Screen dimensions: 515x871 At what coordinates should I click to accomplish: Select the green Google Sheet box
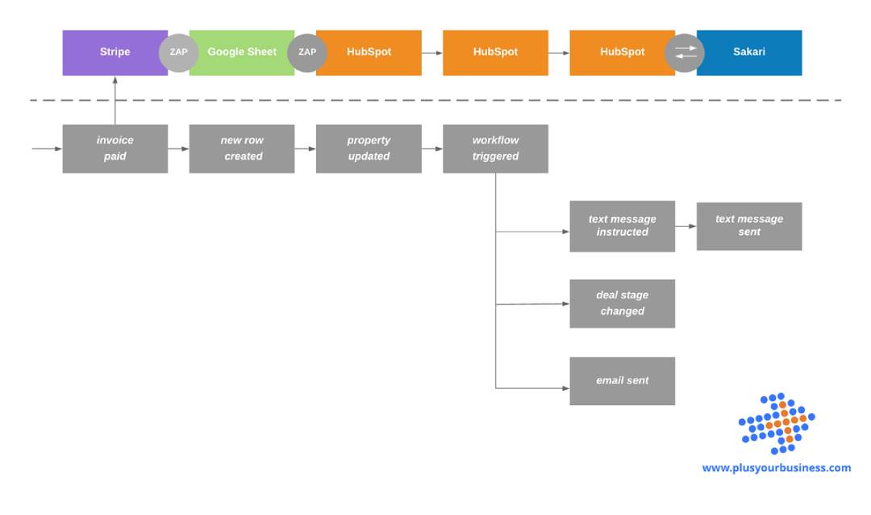(x=240, y=52)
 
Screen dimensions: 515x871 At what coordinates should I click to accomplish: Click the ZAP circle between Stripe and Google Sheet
(x=178, y=52)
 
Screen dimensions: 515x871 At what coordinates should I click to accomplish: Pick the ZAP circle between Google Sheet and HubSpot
(x=306, y=52)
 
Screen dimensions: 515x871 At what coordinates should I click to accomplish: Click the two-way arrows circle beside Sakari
(x=685, y=52)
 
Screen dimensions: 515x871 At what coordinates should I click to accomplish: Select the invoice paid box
(x=115, y=149)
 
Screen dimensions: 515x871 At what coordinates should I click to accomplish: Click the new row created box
(x=241, y=149)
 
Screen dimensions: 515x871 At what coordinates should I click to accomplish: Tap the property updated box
(x=369, y=149)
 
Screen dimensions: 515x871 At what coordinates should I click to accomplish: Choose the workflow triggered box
(x=495, y=149)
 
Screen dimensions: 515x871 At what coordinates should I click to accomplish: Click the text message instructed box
(x=622, y=226)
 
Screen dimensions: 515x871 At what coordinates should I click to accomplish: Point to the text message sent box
(x=748, y=226)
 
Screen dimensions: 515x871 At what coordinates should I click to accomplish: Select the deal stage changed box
(x=622, y=304)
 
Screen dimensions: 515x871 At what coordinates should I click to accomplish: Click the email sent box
(x=622, y=381)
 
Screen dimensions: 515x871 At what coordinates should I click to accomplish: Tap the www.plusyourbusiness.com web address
(x=776, y=468)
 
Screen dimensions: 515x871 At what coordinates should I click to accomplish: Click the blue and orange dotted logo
(x=777, y=424)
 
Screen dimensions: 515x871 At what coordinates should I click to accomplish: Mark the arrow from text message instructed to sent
(x=686, y=226)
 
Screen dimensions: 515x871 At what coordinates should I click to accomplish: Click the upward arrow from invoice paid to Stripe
(x=115, y=101)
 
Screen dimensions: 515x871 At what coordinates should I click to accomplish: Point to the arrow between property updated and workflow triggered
(x=431, y=149)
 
